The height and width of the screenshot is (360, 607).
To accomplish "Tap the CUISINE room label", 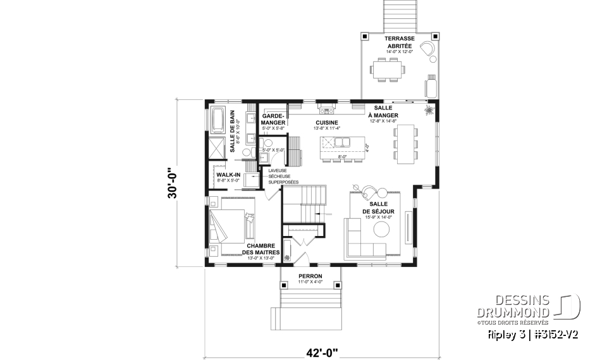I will [328, 123].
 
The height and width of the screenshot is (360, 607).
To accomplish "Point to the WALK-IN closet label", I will [228, 174].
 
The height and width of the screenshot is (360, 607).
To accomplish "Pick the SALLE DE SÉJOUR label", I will [378, 208].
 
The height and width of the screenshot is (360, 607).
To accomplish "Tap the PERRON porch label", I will [310, 276].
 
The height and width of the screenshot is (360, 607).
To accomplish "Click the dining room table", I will [405, 142].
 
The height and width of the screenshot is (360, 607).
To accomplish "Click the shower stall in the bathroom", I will [216, 148].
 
